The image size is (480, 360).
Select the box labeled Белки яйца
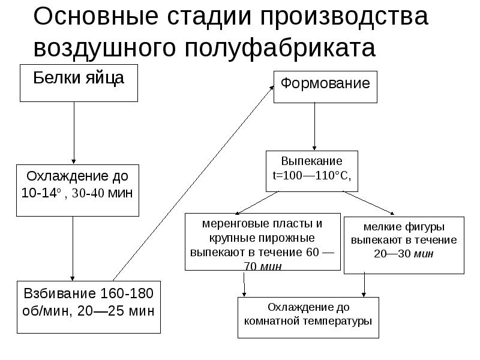click(79, 83)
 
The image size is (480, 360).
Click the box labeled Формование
click(326, 86)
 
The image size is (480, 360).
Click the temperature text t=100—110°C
click(311, 175)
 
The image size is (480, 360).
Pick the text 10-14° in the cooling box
click(42, 194)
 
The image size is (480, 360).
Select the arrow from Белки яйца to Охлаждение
click(74, 132)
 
